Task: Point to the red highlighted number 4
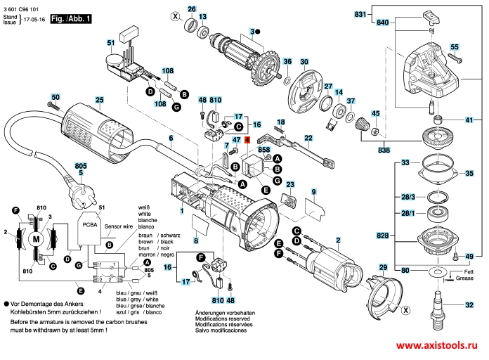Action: click(x=246, y=140)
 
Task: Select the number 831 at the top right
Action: click(x=360, y=15)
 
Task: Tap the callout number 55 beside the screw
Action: click(x=455, y=46)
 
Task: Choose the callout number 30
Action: click(x=304, y=61)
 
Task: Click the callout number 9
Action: click(x=313, y=191)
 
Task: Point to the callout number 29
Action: click(x=383, y=267)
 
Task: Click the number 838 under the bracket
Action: click(x=383, y=150)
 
